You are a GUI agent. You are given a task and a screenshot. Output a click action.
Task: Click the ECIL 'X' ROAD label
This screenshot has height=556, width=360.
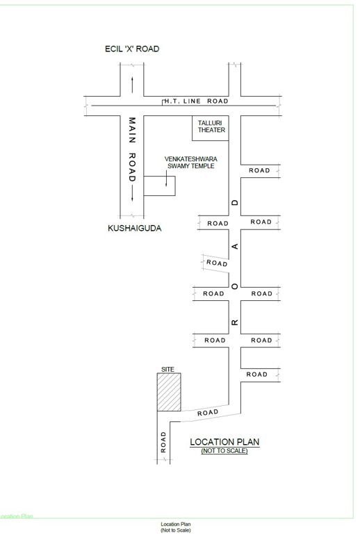click(132, 49)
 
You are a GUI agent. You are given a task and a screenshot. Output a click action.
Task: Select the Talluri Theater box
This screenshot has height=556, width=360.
click(211, 128)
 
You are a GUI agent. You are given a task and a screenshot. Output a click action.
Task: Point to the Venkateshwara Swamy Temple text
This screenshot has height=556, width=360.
click(191, 163)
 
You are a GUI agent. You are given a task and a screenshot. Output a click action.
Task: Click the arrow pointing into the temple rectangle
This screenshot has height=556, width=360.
click(166, 178)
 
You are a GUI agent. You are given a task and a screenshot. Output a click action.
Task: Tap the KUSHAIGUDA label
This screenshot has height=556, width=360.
click(134, 228)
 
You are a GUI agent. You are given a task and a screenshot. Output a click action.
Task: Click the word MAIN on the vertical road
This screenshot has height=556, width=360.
click(132, 130)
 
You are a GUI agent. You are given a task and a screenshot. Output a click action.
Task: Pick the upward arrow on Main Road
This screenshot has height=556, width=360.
click(132, 85)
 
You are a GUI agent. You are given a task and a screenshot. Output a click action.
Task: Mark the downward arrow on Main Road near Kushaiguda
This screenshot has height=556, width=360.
click(132, 194)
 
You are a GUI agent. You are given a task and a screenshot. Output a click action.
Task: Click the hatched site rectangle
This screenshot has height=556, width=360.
click(169, 392)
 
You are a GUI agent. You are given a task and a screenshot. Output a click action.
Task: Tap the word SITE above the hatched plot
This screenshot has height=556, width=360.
click(167, 370)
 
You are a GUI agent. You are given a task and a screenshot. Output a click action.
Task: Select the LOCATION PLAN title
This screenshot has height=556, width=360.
click(224, 442)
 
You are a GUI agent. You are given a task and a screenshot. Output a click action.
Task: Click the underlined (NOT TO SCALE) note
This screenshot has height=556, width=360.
click(224, 450)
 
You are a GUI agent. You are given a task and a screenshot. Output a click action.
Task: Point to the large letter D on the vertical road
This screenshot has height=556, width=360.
click(235, 202)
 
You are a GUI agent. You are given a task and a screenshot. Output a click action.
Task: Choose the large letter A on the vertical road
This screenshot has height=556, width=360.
click(235, 246)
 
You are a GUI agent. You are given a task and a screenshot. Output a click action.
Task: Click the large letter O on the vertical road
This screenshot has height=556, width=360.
click(235, 286)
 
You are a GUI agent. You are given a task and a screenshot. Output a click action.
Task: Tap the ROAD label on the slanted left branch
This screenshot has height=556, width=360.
click(217, 263)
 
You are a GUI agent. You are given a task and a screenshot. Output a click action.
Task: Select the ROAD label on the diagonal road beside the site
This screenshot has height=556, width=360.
click(208, 413)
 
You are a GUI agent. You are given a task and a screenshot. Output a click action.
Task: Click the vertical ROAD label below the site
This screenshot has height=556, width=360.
click(163, 442)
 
